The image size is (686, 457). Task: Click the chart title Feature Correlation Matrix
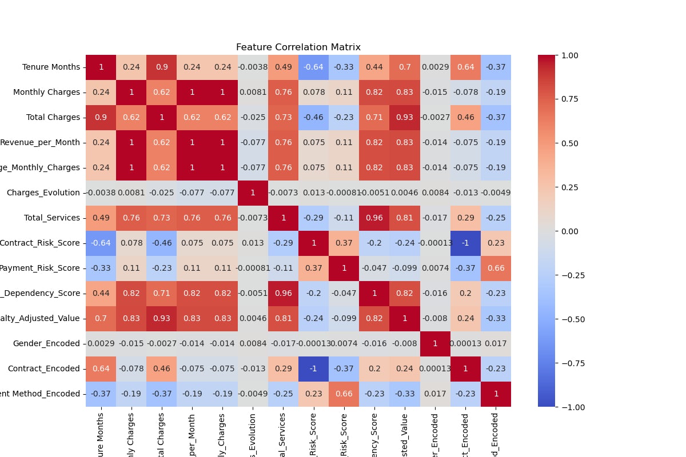click(298, 47)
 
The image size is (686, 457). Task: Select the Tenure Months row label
click(51, 67)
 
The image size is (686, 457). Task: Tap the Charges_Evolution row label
click(43, 193)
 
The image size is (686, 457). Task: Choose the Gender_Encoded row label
click(47, 344)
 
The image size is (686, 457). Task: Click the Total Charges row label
click(53, 118)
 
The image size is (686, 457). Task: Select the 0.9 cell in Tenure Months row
click(162, 67)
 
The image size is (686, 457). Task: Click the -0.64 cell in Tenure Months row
click(314, 67)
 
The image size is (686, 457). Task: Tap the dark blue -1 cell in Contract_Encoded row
click(314, 369)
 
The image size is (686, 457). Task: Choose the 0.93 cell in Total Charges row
click(405, 118)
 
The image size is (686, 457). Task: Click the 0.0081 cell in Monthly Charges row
click(253, 93)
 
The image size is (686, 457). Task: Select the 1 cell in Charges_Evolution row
click(253, 193)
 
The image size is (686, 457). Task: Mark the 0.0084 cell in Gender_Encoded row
click(253, 344)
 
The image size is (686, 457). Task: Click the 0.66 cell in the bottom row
click(344, 394)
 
